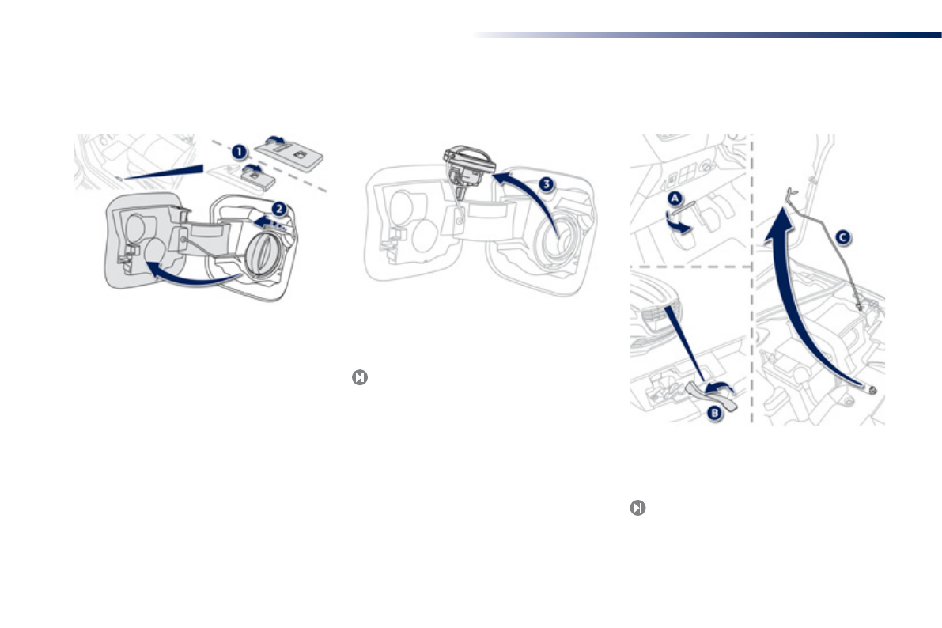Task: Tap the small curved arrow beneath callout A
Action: click(678, 224)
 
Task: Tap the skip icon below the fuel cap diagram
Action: click(359, 378)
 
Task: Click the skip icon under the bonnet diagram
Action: click(637, 508)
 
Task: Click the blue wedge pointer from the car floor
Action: click(166, 172)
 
